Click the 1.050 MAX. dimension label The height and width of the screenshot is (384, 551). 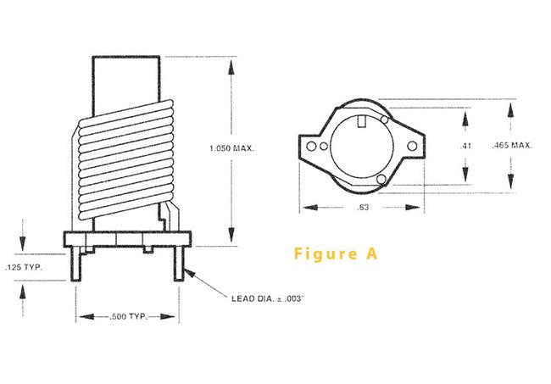pos(231,148)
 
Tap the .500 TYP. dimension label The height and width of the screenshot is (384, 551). pos(128,316)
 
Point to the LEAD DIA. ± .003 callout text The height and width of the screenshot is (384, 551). pos(267,298)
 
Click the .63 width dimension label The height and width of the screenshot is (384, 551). pos(362,207)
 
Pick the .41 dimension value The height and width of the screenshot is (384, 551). pos(465,146)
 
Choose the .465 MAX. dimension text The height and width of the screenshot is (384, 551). pos(512,146)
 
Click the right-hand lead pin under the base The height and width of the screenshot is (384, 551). pos(178,265)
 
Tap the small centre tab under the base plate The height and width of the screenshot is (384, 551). pos(147,249)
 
